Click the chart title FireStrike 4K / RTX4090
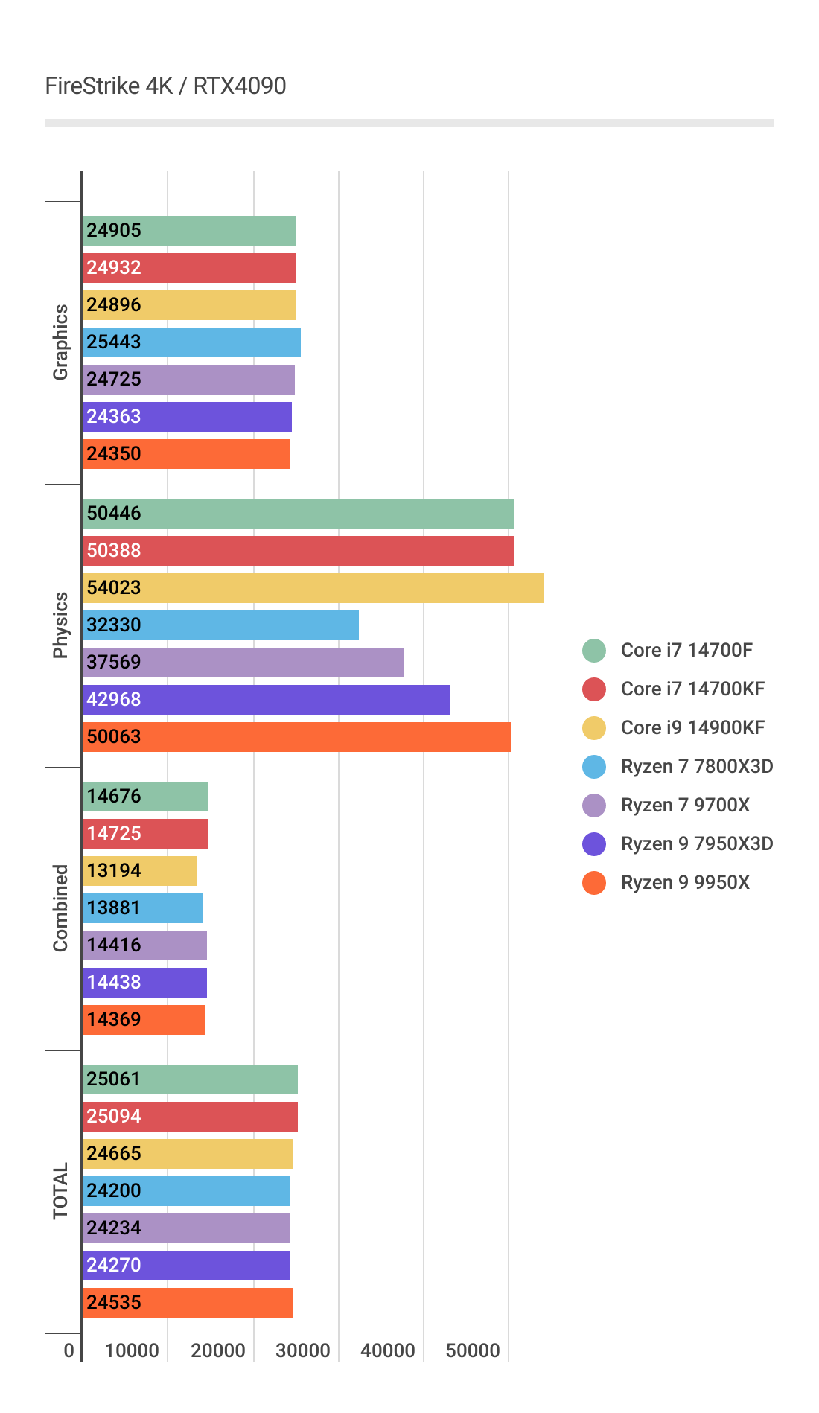(165, 86)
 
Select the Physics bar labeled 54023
(313, 588)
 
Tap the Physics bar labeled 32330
(221, 625)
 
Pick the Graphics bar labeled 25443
(192, 342)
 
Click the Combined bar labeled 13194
(140, 871)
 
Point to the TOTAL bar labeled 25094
(191, 1117)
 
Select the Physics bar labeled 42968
(267, 700)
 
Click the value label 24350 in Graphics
(114, 454)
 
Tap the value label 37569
(114, 663)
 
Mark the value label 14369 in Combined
(114, 1020)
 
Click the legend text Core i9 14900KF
(692, 728)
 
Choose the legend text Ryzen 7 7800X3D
(697, 767)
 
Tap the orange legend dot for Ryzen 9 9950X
(594, 883)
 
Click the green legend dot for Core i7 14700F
(594, 651)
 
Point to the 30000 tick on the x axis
(303, 1350)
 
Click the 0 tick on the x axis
(69, 1350)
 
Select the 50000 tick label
(473, 1350)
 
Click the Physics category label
(60, 625)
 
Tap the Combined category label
(60, 908)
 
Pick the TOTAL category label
(60, 1191)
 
